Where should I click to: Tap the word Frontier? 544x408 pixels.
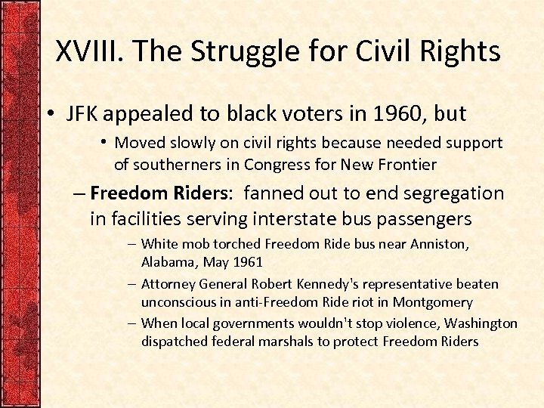(x=408, y=164)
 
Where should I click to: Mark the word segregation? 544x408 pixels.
(x=461, y=193)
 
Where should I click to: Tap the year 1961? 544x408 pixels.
(x=248, y=262)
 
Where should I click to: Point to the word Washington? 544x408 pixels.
(x=481, y=323)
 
